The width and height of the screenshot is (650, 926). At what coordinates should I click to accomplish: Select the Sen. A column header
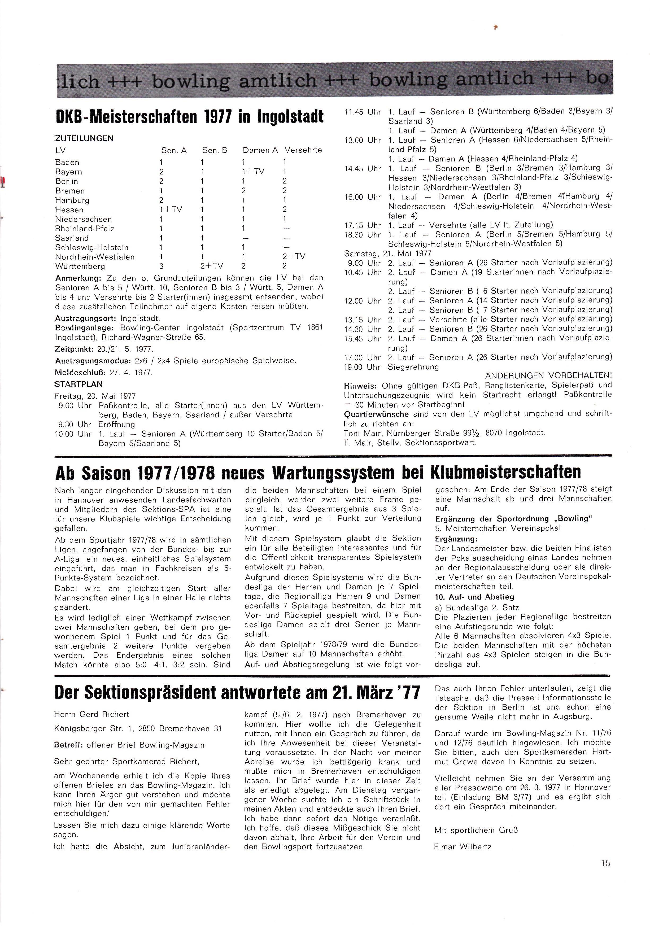tap(174, 150)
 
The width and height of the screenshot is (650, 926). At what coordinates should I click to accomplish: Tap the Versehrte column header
tap(303, 150)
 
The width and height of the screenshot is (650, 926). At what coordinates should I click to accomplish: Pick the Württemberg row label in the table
tap(80, 266)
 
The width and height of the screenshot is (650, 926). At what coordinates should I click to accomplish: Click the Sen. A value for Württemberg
tap(161, 266)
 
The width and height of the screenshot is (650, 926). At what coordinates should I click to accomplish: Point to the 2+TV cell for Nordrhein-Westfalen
tap(294, 256)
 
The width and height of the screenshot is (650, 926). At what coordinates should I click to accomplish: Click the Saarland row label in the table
tap(72, 238)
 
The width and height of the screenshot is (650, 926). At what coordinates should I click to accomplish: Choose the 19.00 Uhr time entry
tap(362, 367)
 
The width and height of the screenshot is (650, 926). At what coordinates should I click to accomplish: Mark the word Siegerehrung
tap(413, 367)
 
